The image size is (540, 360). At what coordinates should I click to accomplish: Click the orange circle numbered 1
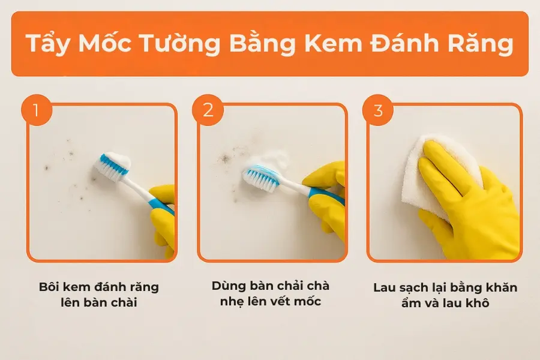[37, 110]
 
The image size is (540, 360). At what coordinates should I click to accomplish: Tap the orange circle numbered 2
[208, 110]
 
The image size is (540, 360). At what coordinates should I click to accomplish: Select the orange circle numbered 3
[378, 110]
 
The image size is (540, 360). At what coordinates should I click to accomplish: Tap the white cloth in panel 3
[434, 172]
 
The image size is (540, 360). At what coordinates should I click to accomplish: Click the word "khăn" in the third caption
[501, 287]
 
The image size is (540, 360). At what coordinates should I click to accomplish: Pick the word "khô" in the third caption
[478, 303]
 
